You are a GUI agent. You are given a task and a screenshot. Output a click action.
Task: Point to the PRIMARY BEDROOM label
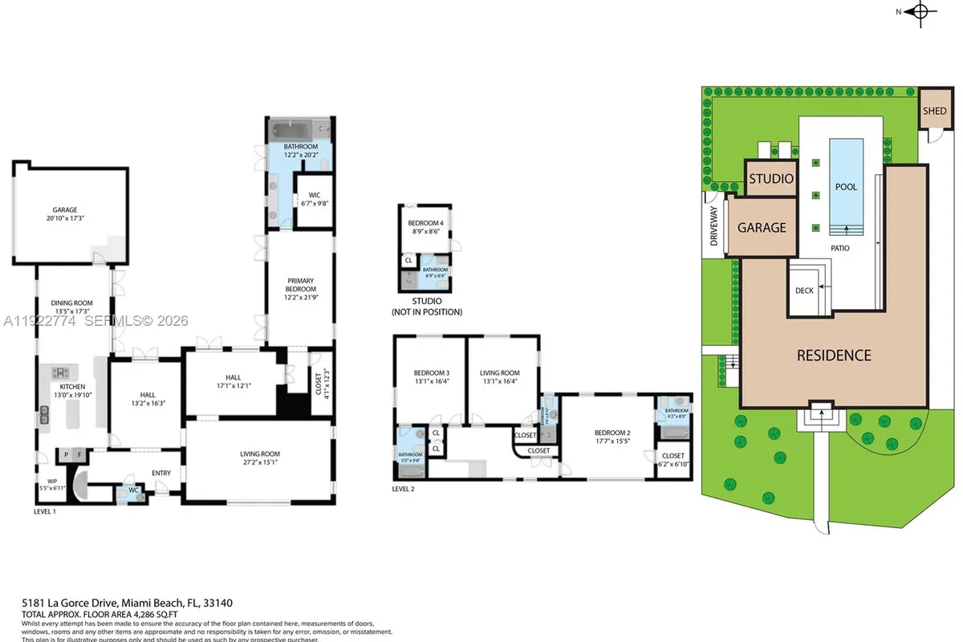tap(301, 285)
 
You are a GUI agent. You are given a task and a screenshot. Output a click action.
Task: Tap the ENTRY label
tap(160, 473)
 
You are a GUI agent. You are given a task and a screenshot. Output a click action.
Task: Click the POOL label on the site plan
tap(846, 187)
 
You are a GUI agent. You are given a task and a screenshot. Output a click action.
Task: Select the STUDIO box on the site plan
tap(771, 178)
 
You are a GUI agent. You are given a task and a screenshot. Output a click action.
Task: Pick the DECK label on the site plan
tap(805, 291)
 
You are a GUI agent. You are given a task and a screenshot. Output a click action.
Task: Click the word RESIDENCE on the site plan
tap(833, 355)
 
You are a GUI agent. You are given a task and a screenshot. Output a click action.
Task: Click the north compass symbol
tap(921, 11)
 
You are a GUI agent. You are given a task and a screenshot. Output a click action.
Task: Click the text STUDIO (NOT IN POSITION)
tap(426, 307)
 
